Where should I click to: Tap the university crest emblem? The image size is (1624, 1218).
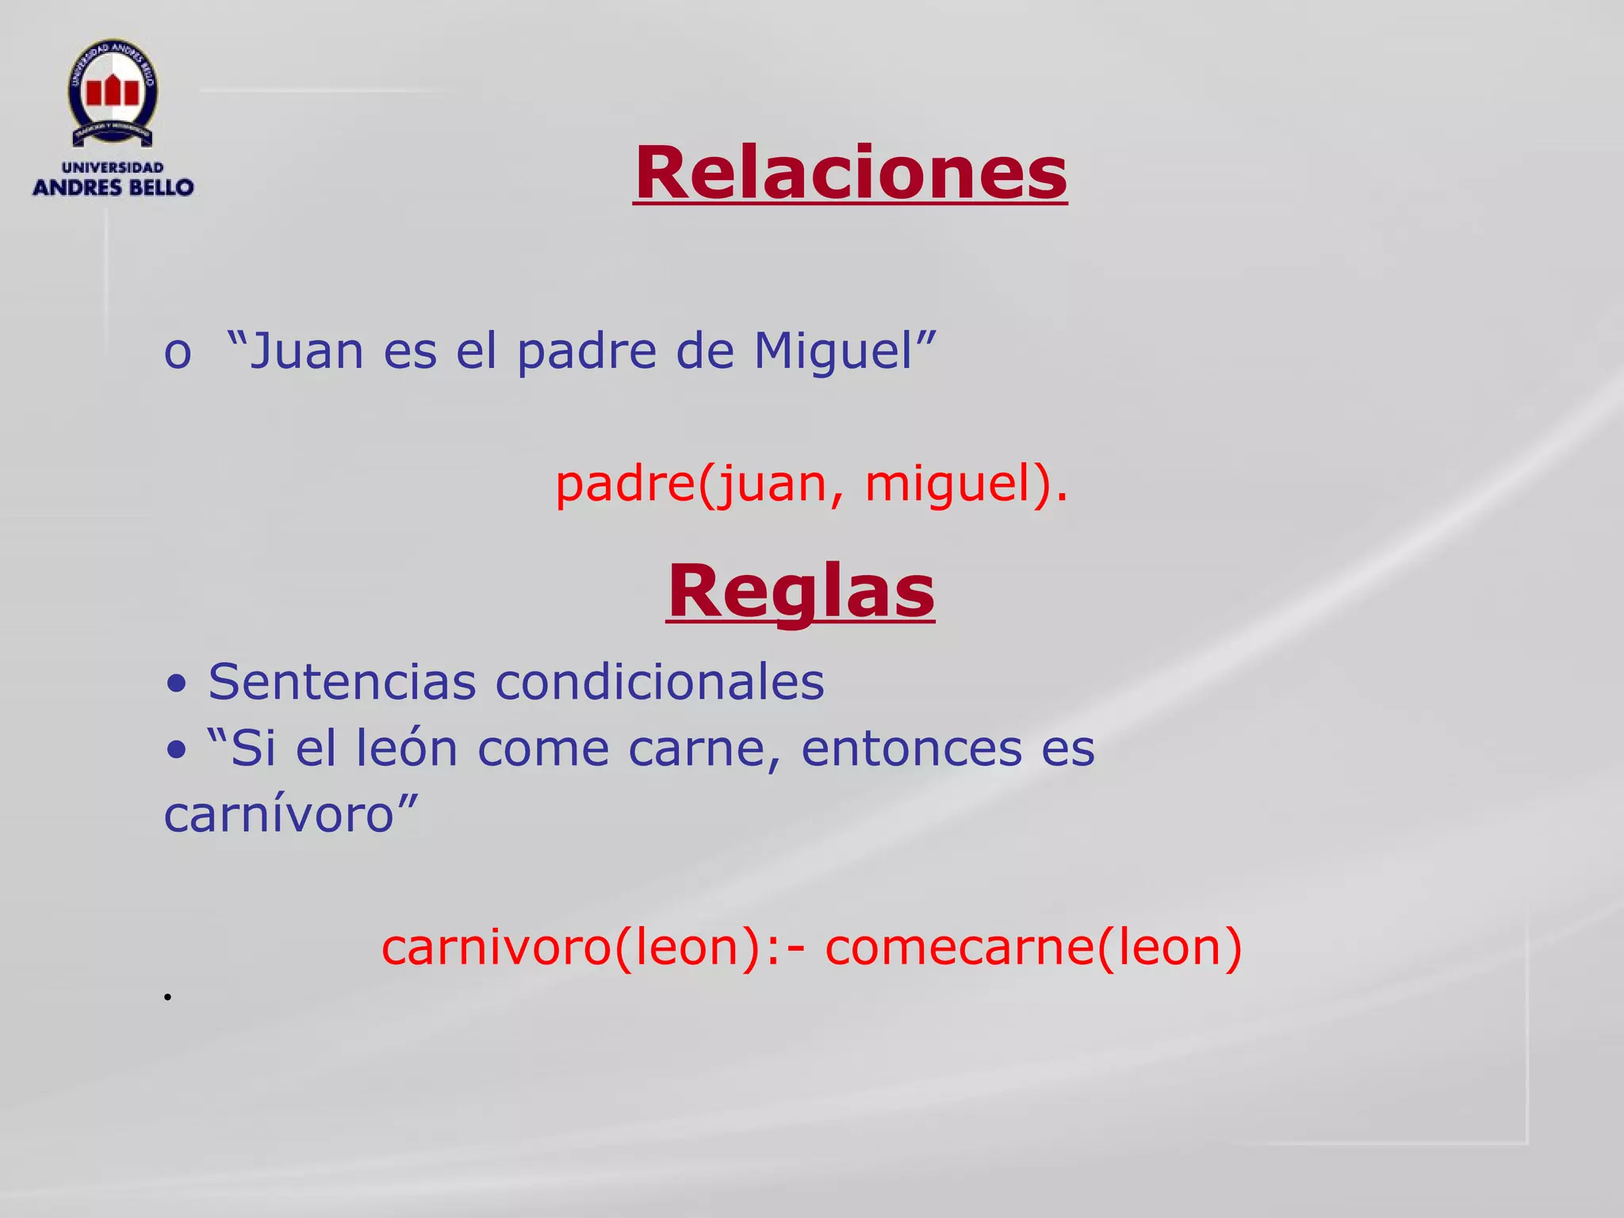click(113, 94)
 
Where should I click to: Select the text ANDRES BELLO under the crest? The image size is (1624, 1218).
click(113, 188)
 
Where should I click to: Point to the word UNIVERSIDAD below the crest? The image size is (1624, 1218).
click(113, 167)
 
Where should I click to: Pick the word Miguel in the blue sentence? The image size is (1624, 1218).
click(833, 352)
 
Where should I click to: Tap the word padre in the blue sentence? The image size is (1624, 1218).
click(587, 352)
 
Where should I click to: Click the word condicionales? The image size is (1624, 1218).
click(660, 681)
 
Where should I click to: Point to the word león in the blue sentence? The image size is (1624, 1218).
click(406, 748)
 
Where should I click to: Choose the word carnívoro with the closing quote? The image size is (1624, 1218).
click(290, 814)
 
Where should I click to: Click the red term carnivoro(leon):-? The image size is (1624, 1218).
click(594, 947)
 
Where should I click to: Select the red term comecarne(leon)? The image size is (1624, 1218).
click(1033, 947)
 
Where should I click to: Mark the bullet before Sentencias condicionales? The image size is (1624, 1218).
click(177, 684)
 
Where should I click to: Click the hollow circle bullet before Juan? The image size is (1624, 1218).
click(177, 354)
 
